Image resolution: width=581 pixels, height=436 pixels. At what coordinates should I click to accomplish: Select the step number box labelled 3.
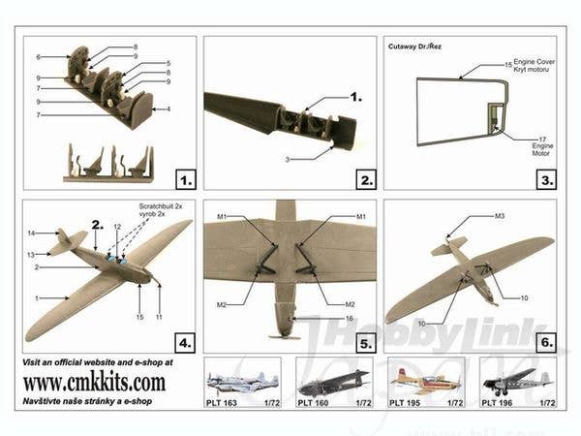click(546, 178)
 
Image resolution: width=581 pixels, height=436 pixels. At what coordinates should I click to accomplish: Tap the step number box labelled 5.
click(366, 342)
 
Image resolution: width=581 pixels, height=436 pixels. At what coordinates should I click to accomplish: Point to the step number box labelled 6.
click(546, 342)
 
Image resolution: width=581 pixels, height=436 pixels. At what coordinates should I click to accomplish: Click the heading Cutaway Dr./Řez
click(417, 46)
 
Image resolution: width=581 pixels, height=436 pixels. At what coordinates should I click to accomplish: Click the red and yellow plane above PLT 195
click(425, 379)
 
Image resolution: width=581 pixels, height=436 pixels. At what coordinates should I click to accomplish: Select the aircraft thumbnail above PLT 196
click(517, 379)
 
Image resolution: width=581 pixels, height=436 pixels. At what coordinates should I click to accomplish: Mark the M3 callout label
click(500, 215)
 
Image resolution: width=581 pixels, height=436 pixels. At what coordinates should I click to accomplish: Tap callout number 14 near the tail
click(32, 234)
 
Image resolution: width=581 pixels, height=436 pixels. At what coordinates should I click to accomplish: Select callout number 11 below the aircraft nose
click(159, 317)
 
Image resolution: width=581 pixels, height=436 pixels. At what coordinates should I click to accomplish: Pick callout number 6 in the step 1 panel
click(38, 57)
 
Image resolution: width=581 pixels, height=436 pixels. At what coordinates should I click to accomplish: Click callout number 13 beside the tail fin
click(32, 254)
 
